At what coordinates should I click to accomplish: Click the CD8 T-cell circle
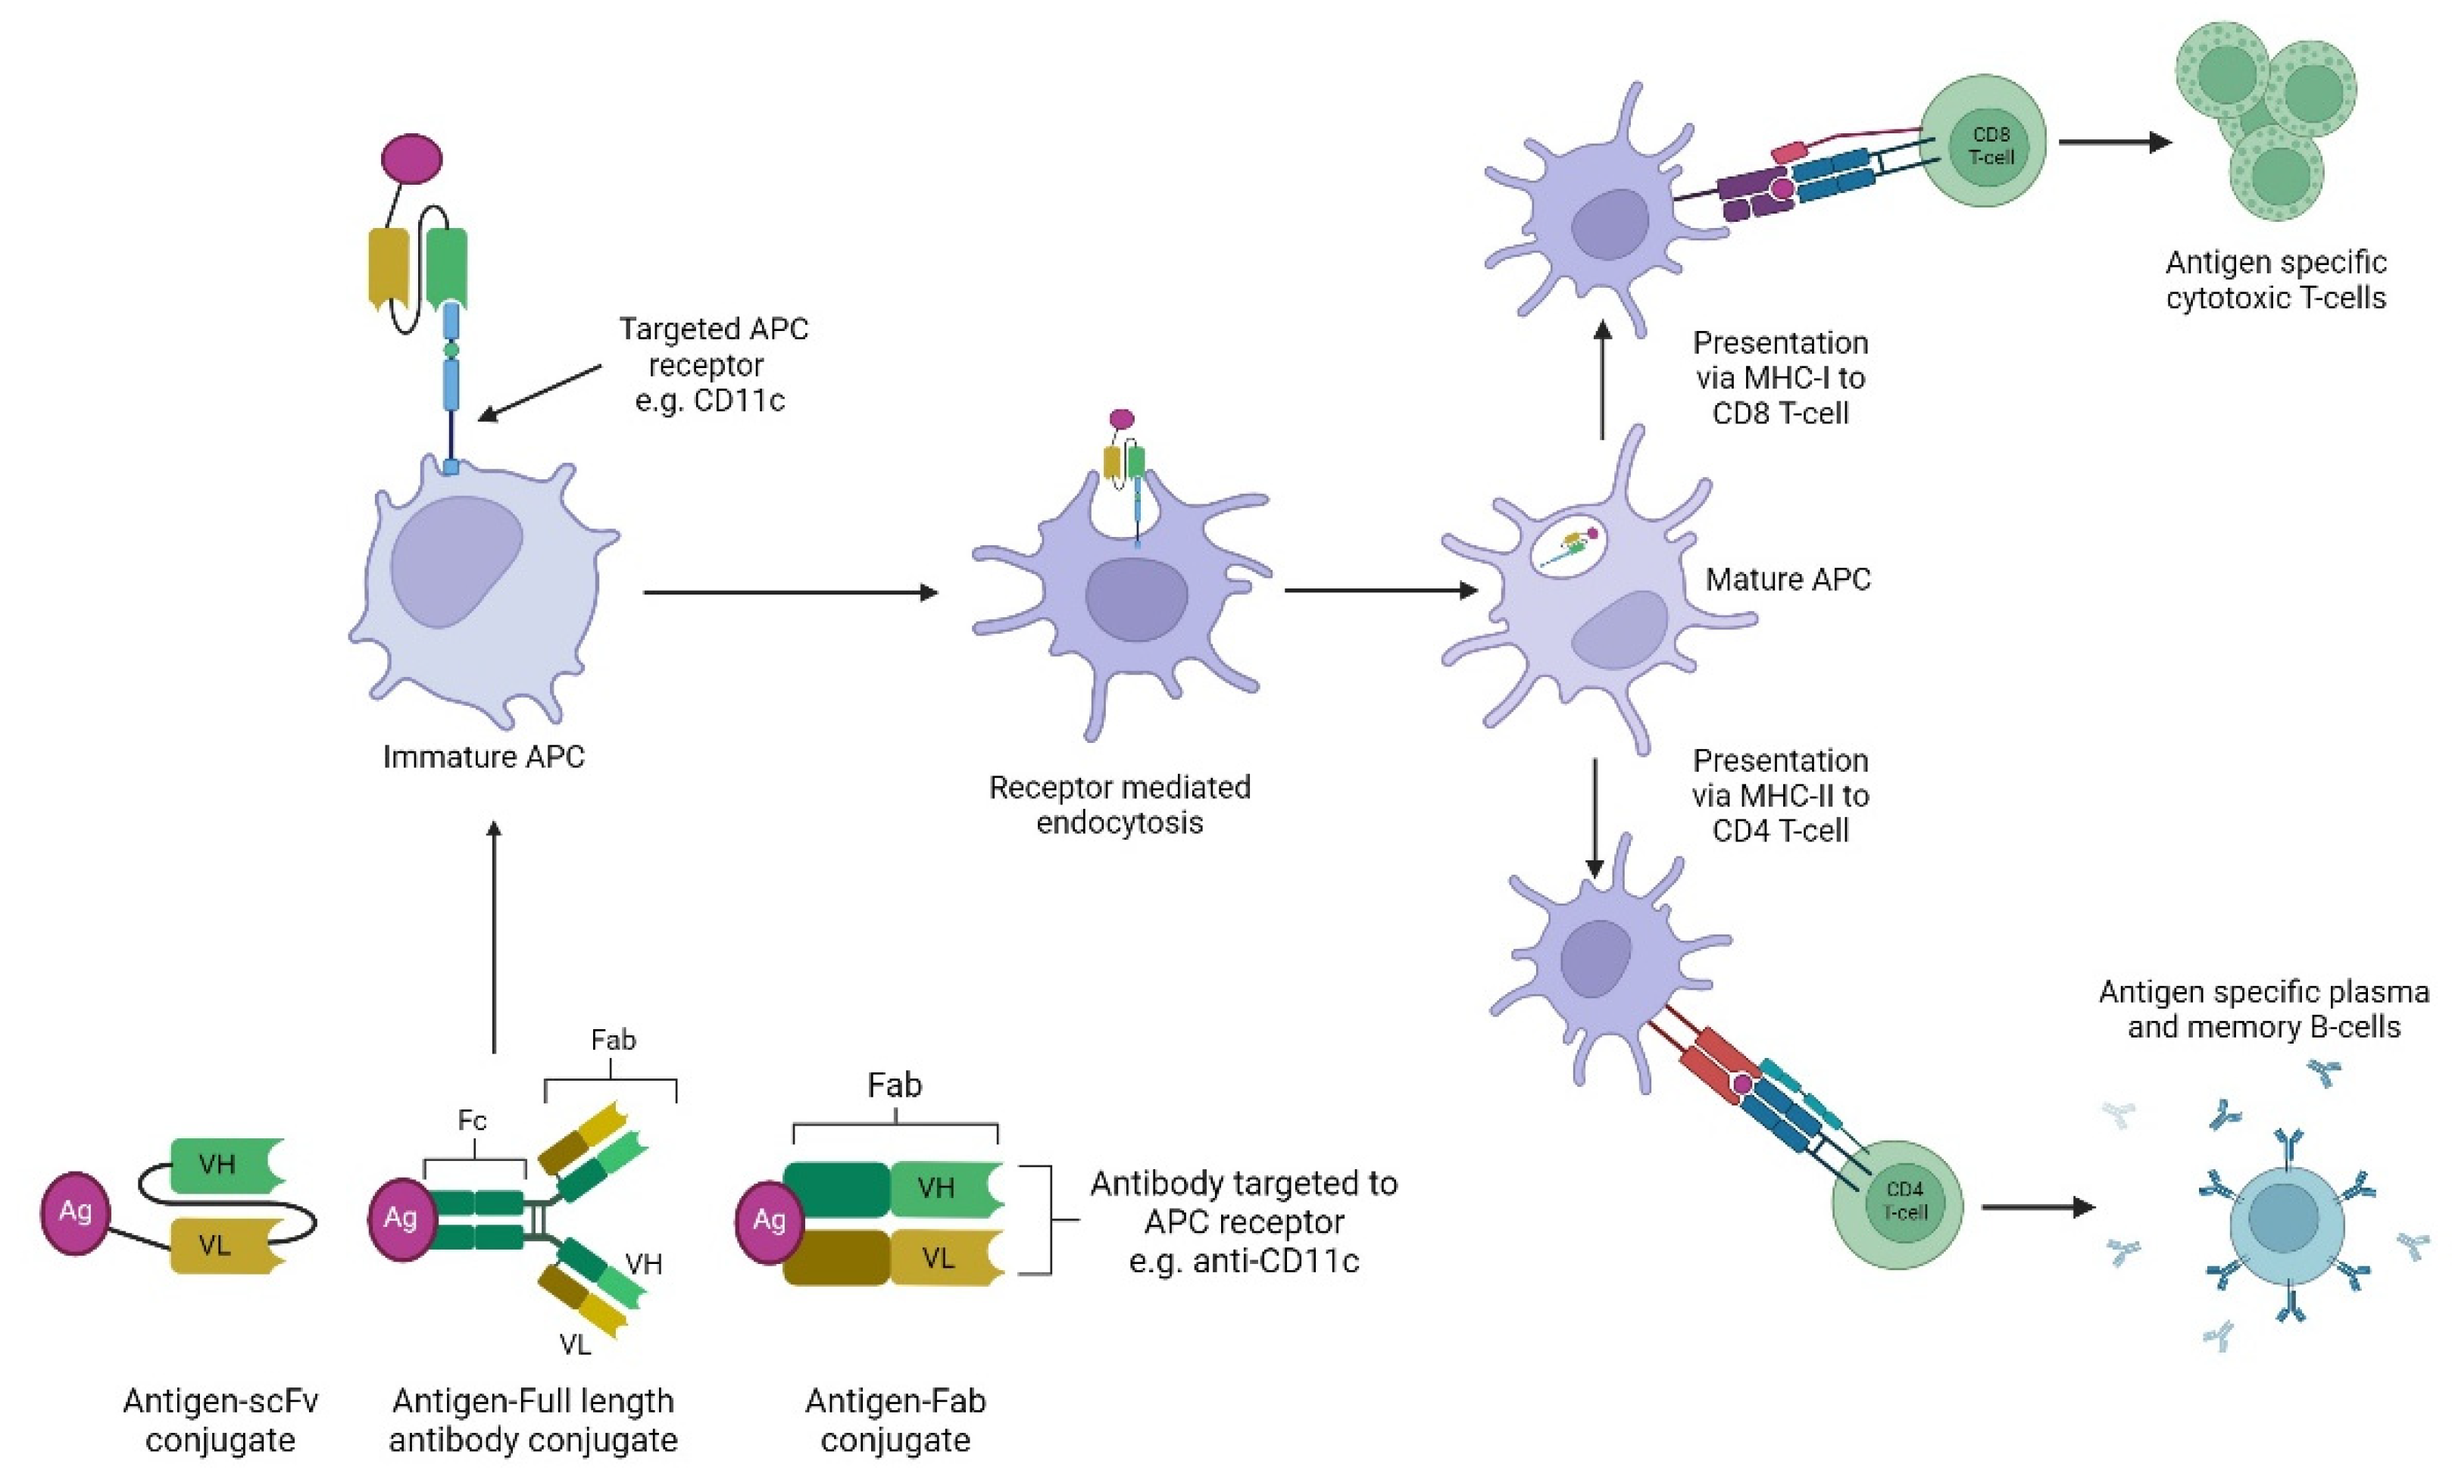1982,142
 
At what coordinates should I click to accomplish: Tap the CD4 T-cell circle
1896,1204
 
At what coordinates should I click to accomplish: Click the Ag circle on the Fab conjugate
768,1220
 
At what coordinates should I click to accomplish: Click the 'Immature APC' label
483,757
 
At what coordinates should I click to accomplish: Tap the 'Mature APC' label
1787,579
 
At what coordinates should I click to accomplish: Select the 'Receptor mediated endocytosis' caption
1119,804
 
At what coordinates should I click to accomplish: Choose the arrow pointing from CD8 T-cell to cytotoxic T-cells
2114,142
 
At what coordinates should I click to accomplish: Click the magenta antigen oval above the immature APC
412,159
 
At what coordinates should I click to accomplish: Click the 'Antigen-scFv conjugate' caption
220,1419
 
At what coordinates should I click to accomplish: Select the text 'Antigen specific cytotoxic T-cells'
2276,280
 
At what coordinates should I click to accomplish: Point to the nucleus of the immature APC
456,561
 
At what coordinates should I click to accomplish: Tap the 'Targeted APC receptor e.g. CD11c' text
713,364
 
